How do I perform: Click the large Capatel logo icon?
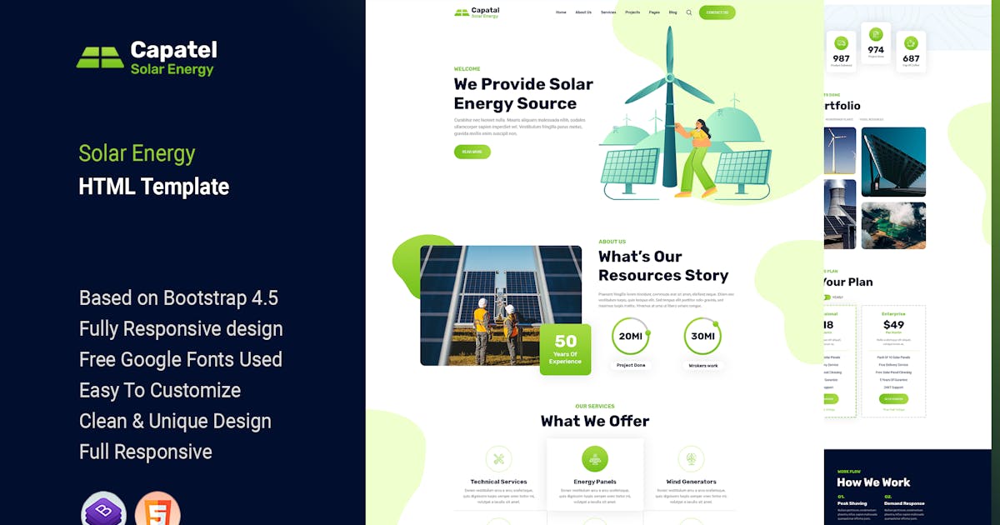[100, 57]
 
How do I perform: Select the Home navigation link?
[561, 12]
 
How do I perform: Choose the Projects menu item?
[632, 12]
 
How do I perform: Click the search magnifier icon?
[689, 12]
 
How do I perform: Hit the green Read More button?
[472, 152]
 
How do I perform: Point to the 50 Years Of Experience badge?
[565, 349]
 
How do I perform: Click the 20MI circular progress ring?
[631, 336]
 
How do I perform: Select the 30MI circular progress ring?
[702, 336]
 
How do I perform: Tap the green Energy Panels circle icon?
[594, 458]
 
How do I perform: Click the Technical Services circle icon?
[498, 458]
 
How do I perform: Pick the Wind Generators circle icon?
[691, 458]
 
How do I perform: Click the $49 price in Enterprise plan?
[893, 325]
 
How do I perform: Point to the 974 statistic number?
[876, 50]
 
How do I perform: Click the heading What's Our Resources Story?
[662, 266]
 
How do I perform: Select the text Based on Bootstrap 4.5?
[178, 297]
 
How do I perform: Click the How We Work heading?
[873, 482]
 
